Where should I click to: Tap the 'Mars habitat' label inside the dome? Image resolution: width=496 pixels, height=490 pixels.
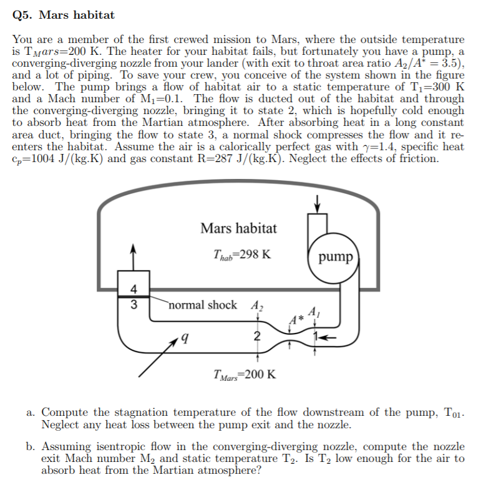click(x=238, y=228)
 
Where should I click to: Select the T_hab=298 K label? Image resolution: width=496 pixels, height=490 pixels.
click(x=242, y=255)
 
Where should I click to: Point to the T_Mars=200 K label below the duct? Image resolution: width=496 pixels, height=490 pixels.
click(x=245, y=375)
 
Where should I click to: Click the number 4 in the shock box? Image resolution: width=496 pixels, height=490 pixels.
click(x=134, y=289)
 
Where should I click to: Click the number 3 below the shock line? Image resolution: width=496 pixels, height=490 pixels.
click(x=134, y=304)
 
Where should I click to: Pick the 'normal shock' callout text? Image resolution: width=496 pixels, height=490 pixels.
click(x=202, y=305)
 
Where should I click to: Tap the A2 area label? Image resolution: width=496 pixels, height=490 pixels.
click(x=257, y=305)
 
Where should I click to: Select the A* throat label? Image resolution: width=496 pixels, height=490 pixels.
click(x=296, y=320)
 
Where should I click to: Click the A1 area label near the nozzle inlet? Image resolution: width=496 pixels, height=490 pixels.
click(x=314, y=312)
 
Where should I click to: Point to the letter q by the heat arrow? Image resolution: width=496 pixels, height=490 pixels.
click(x=185, y=339)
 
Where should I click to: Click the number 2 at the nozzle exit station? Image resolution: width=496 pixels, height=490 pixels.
click(x=257, y=336)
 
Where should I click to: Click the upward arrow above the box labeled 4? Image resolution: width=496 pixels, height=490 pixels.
click(x=133, y=257)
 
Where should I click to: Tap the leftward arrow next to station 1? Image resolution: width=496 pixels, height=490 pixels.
click(x=328, y=338)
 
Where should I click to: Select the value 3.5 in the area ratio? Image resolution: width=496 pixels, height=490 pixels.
click(x=450, y=63)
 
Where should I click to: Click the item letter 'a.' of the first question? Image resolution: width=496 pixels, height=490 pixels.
click(x=31, y=412)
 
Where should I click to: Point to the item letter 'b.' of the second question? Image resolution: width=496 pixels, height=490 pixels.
click(x=31, y=446)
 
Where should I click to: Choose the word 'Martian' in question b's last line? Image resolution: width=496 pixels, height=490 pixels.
click(x=173, y=470)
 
